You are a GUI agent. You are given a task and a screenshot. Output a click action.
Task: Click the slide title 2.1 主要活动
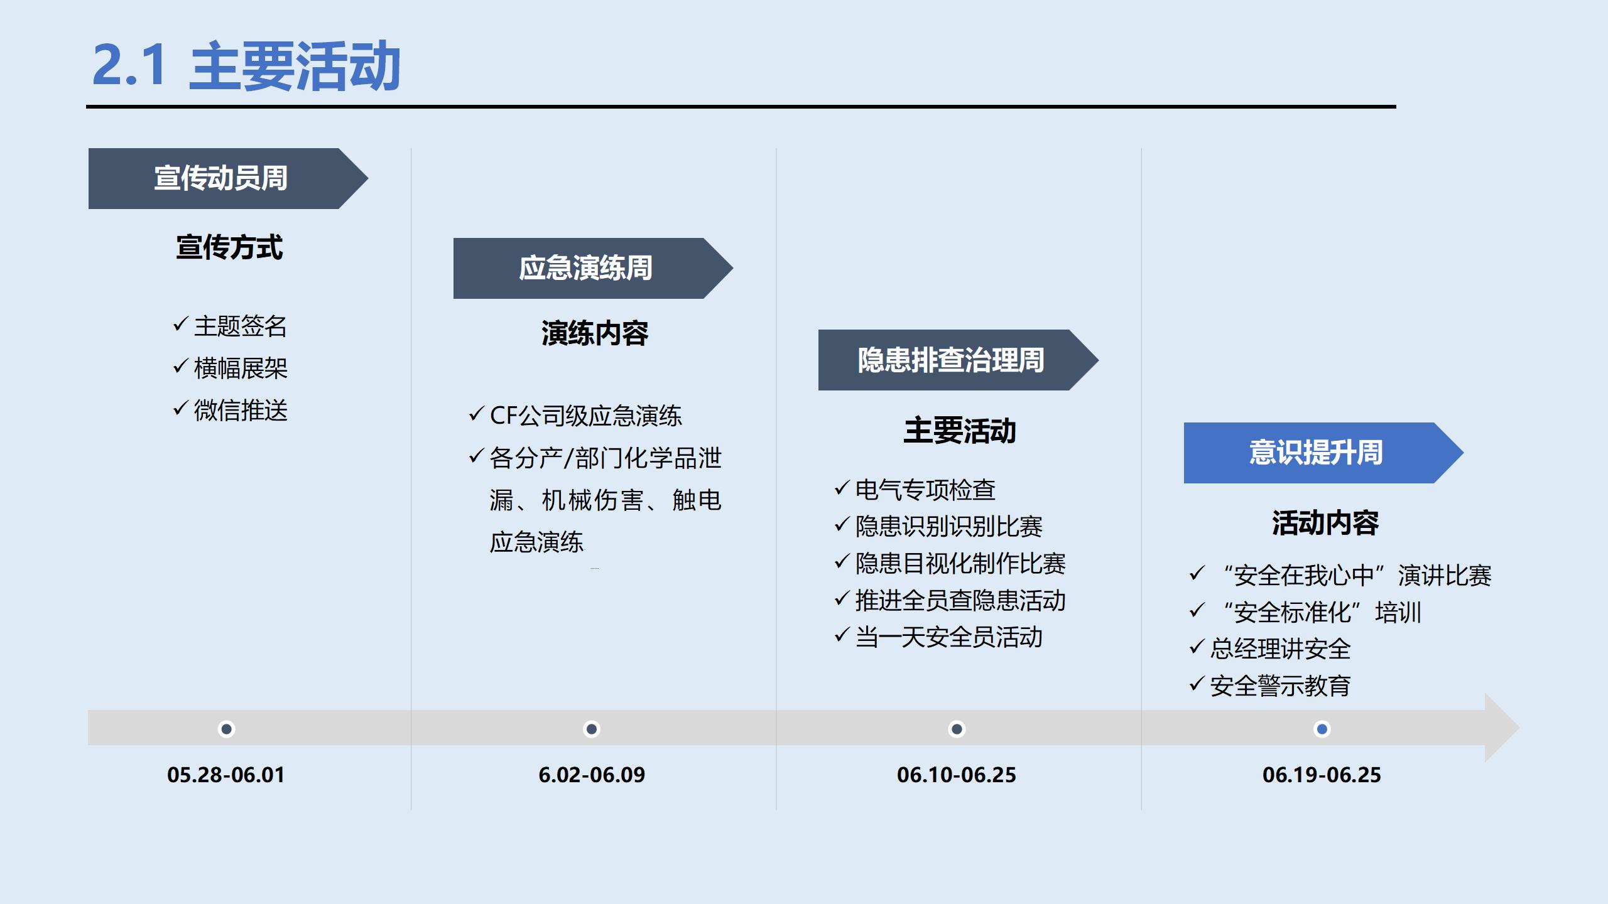pyautogui.click(x=246, y=65)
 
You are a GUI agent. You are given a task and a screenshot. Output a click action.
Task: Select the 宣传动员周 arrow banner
pyautogui.click(x=221, y=178)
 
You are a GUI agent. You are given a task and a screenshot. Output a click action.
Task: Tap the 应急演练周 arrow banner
pyautogui.click(x=585, y=268)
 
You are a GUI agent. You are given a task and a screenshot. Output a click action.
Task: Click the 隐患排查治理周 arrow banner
pyautogui.click(x=951, y=360)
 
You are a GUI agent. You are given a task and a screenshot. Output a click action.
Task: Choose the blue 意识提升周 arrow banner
pyautogui.click(x=1316, y=453)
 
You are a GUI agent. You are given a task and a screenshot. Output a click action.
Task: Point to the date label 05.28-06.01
pyautogui.click(x=226, y=775)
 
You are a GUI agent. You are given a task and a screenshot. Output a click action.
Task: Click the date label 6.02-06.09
pyautogui.click(x=592, y=775)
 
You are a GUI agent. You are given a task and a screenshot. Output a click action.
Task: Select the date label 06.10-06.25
pyautogui.click(x=956, y=775)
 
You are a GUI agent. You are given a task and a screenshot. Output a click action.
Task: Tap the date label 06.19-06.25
pyautogui.click(x=1322, y=775)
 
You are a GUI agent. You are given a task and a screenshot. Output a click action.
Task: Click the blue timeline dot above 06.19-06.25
pyautogui.click(x=1322, y=729)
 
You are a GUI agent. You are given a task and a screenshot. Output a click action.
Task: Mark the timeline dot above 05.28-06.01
pyautogui.click(x=226, y=729)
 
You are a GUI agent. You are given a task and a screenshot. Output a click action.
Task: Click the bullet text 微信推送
pyautogui.click(x=241, y=411)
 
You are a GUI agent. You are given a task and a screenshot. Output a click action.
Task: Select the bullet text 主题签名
pyautogui.click(x=241, y=326)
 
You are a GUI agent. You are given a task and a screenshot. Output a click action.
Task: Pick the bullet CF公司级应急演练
pyautogui.click(x=585, y=416)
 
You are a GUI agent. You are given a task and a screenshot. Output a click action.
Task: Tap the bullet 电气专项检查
pyautogui.click(x=925, y=490)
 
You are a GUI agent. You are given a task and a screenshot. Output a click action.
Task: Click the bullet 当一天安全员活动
pyautogui.click(x=948, y=637)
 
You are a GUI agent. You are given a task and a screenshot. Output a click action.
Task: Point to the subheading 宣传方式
pyautogui.click(x=229, y=247)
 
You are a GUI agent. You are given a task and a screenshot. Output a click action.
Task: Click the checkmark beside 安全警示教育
pyautogui.click(x=1197, y=684)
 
